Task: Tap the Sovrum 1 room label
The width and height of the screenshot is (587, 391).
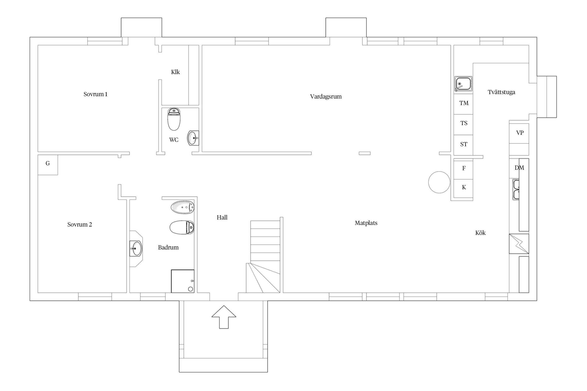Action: coord(95,94)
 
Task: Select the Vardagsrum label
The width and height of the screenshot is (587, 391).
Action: coord(326,96)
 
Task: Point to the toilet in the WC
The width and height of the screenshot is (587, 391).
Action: coord(174,119)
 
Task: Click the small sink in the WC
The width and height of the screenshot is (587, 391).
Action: coord(193,138)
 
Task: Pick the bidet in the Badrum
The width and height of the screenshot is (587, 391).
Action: coord(183,207)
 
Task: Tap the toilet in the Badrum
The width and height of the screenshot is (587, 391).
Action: coord(182,227)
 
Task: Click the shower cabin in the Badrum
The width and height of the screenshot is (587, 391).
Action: coord(183,281)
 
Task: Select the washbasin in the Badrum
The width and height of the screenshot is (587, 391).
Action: coord(136,249)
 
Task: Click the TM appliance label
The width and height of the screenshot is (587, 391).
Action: coord(464,103)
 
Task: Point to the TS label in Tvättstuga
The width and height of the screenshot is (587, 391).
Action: coord(464,123)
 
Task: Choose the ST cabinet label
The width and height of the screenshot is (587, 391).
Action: coord(464,144)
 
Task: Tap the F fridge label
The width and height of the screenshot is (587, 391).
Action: coord(464,168)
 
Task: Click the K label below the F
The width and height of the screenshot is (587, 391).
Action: coord(464,187)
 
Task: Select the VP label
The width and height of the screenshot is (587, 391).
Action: coord(520,133)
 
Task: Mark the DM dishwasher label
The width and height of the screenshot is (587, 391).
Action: coord(519,168)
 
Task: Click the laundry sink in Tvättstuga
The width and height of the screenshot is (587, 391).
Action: coord(463,84)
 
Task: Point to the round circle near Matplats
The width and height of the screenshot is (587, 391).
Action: coord(439,182)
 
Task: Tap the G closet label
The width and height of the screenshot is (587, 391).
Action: coord(48,163)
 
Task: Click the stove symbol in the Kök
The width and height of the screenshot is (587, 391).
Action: coord(519,244)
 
